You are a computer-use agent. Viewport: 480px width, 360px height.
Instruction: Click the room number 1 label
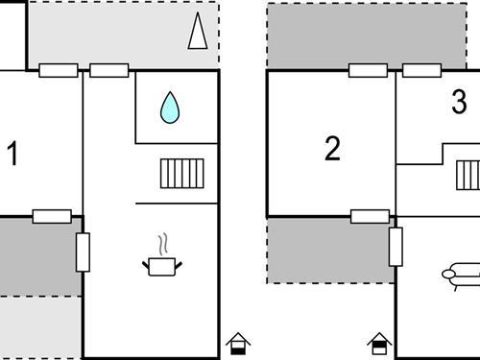12,154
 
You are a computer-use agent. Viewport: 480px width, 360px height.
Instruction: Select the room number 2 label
332,150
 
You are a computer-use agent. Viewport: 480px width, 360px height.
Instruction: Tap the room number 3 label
459,102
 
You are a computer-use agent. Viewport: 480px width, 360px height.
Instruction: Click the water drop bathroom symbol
170,108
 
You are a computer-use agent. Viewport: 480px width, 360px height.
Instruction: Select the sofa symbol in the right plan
462,275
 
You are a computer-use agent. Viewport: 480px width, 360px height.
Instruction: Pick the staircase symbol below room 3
468,176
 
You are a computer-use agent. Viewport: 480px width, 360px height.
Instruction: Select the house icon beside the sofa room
379,343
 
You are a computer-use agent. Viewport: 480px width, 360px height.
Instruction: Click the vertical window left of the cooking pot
83,251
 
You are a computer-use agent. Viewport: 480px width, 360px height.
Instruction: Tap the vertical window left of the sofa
395,247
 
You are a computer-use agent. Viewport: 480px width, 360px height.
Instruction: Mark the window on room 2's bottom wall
370,216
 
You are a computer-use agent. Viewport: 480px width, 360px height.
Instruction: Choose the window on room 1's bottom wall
52,216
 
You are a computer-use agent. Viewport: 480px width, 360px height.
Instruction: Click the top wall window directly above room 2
368,70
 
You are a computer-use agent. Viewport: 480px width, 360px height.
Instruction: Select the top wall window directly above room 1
59,70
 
